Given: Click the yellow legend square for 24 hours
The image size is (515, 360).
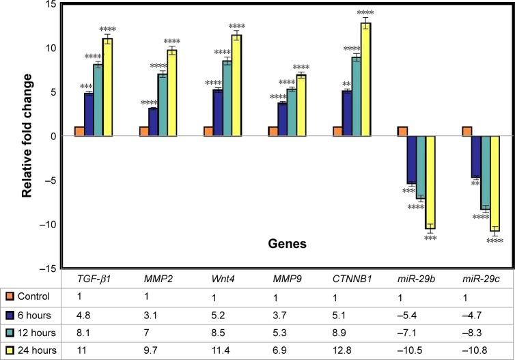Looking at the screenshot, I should click(9, 350).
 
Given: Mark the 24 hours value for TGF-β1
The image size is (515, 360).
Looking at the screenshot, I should click(83, 350).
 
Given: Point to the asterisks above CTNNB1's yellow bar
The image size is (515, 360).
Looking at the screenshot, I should click(365, 13).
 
